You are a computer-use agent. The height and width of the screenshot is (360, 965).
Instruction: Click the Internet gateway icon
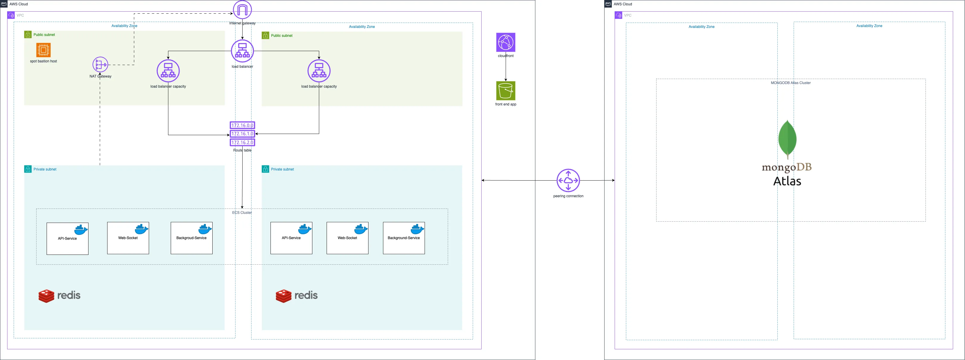click(242, 10)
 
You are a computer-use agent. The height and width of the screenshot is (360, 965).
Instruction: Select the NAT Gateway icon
click(100, 65)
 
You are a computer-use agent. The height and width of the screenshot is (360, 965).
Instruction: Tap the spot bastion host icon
click(43, 50)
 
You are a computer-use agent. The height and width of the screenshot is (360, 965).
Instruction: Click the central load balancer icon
click(242, 51)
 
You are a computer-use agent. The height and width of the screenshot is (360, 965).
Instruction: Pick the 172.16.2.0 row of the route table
click(242, 142)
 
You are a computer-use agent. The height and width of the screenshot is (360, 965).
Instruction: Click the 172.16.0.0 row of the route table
click(242, 125)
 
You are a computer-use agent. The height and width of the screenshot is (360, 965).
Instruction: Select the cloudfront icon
click(506, 42)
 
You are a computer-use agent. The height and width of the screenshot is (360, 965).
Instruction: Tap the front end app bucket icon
click(506, 91)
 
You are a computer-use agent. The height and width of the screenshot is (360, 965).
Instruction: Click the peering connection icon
click(568, 181)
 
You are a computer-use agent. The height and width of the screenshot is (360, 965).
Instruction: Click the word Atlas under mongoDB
click(787, 181)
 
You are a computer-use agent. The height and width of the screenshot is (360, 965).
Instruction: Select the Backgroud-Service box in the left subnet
click(192, 238)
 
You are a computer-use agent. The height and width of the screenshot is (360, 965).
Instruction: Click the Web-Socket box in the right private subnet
click(347, 238)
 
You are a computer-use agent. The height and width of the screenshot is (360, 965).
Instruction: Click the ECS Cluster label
click(242, 212)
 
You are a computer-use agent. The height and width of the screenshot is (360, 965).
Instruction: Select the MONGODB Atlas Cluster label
click(790, 83)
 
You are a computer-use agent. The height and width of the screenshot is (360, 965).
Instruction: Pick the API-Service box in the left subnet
click(67, 239)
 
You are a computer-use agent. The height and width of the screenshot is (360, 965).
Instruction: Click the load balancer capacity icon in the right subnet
click(319, 71)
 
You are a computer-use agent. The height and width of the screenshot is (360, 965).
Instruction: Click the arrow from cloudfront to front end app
click(506, 69)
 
